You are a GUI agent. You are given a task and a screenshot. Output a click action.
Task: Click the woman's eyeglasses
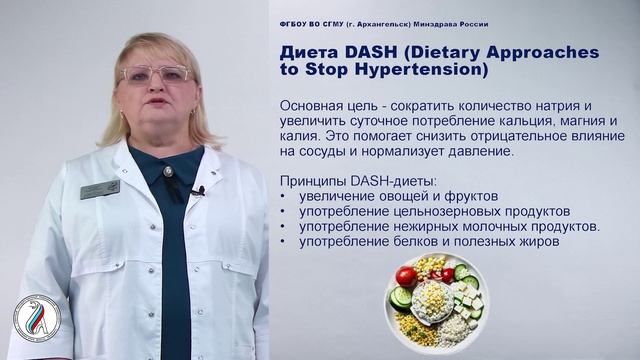156,74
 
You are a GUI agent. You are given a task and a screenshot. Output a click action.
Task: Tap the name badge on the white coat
100,189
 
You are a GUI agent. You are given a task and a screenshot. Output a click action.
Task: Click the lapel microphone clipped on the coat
199,190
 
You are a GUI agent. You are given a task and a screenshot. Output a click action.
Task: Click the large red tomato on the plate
406,276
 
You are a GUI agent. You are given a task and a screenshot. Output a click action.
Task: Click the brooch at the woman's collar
168,172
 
